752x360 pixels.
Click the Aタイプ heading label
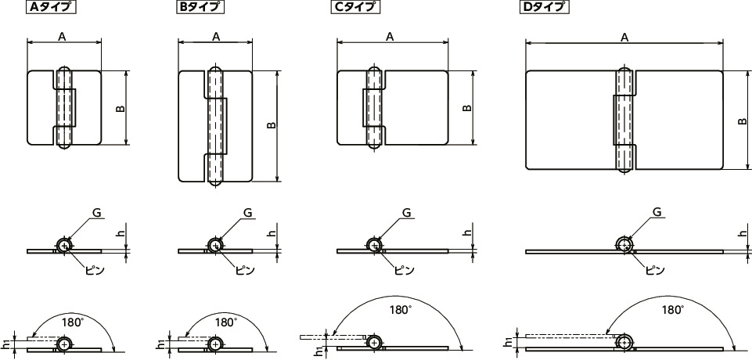51,7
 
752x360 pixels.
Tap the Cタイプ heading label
355,7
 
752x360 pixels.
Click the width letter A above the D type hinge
624,37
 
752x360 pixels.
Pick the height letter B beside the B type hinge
271,125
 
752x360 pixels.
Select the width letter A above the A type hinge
63,36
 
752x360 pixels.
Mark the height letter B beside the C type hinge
467,108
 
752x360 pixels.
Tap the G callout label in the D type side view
657,212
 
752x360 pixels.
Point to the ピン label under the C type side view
404,270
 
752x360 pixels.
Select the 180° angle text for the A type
73,321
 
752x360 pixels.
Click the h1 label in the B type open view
162,344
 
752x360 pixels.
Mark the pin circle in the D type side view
624,244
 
